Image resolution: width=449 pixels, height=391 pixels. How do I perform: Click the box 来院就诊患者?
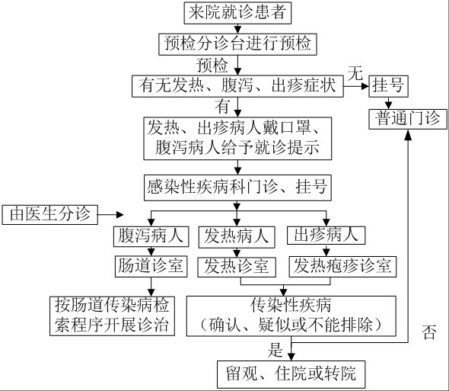click(237, 13)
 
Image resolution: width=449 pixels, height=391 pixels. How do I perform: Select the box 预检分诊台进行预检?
click(237, 44)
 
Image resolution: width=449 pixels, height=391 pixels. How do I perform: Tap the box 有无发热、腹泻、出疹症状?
click(237, 86)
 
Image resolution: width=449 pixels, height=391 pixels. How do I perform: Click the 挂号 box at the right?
click(388, 86)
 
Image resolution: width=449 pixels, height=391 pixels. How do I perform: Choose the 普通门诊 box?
click(408, 119)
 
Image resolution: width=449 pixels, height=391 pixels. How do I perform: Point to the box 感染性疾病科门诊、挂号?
click(237, 188)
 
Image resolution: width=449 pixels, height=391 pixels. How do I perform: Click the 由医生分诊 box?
click(49, 215)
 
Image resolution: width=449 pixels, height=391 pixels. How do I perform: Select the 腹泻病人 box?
click(151, 236)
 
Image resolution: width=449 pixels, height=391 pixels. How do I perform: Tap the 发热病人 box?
click(237, 237)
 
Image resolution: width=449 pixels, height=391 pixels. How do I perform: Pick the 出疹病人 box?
click(326, 236)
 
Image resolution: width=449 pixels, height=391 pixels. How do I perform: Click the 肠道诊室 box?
click(151, 266)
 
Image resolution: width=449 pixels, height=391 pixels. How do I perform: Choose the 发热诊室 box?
click(237, 267)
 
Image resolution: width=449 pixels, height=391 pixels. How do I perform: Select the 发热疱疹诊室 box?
click(342, 267)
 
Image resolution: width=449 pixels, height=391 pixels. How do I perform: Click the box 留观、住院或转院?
click(291, 374)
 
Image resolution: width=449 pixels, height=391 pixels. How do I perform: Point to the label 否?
click(429, 332)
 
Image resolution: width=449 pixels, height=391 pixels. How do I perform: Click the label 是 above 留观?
click(275, 350)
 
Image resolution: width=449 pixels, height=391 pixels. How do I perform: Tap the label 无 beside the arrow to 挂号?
click(355, 73)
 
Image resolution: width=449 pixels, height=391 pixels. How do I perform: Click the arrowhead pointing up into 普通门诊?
click(408, 135)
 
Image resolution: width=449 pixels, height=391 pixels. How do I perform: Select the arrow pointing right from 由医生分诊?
click(110, 215)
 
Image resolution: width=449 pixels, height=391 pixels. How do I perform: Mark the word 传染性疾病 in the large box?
click(291, 305)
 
